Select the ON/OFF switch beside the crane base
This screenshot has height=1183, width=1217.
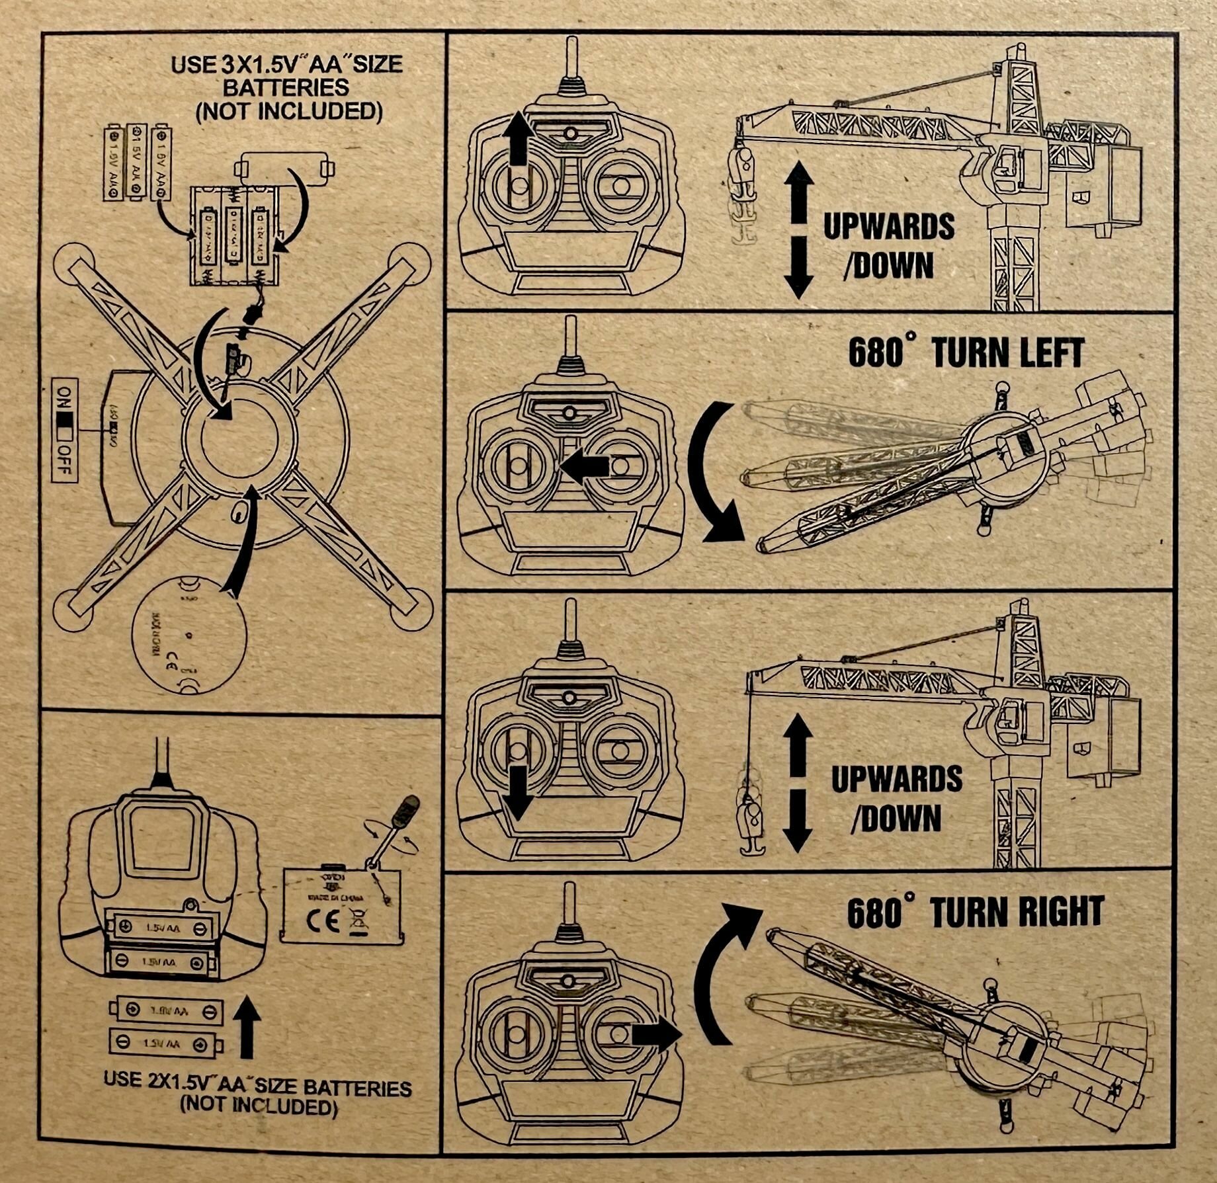click(65, 430)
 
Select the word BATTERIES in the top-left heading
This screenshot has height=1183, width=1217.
click(286, 87)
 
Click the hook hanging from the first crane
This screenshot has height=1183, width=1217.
click(744, 192)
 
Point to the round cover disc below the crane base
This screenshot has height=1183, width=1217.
click(189, 634)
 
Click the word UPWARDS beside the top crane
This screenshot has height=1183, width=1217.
click(888, 227)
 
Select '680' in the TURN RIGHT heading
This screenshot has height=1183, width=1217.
click(876, 913)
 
